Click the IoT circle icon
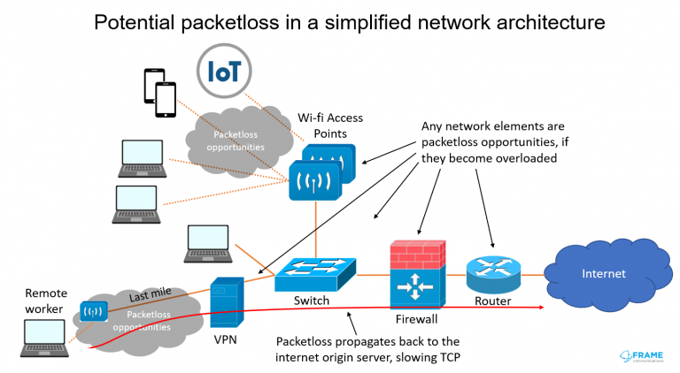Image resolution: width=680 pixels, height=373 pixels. (x=224, y=71)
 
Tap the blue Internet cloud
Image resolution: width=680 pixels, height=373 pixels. (x=608, y=275)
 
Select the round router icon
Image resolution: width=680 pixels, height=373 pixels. (x=493, y=274)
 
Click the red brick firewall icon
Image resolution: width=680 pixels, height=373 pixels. (x=418, y=274)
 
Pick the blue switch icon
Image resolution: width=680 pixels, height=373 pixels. (x=315, y=274)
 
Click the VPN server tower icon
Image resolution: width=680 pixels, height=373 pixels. (x=227, y=302)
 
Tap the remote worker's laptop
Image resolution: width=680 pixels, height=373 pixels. (x=44, y=339)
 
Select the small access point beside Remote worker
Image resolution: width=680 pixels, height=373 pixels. (x=94, y=311)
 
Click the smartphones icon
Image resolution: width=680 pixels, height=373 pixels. (x=160, y=93)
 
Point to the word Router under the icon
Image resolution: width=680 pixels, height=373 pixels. (x=492, y=301)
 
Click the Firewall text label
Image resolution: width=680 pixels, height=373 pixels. (x=416, y=319)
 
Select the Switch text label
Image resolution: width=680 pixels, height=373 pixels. (x=312, y=301)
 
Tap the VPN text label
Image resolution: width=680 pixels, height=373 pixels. (x=226, y=339)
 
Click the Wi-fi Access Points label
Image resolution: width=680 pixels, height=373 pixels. (x=330, y=126)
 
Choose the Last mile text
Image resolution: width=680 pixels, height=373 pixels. (x=150, y=294)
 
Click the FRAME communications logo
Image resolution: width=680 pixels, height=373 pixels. (x=641, y=356)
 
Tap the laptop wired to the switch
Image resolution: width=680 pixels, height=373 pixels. (x=208, y=244)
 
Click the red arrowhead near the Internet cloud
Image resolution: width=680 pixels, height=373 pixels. (x=541, y=308)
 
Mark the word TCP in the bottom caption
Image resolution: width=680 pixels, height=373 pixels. (x=450, y=357)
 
